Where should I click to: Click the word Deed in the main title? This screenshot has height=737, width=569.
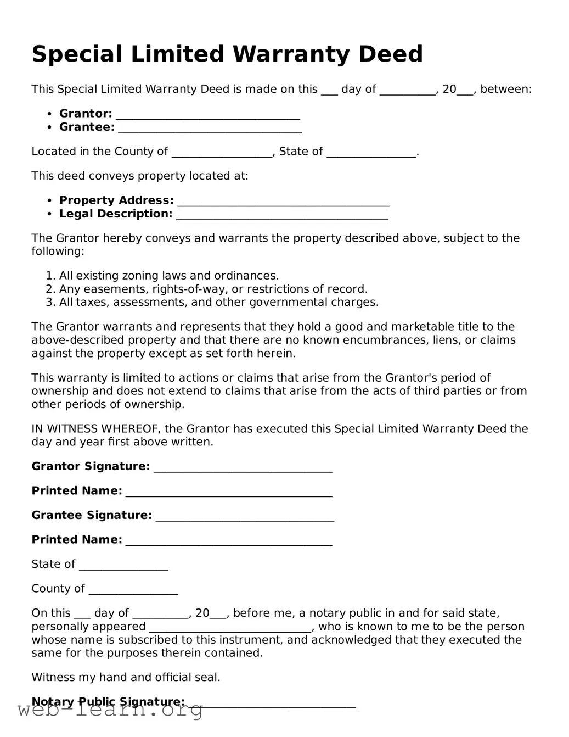point(390,54)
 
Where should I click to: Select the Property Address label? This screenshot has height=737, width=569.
point(116,200)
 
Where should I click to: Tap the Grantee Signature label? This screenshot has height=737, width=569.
point(92,515)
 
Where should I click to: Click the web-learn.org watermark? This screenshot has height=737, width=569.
point(110,710)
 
